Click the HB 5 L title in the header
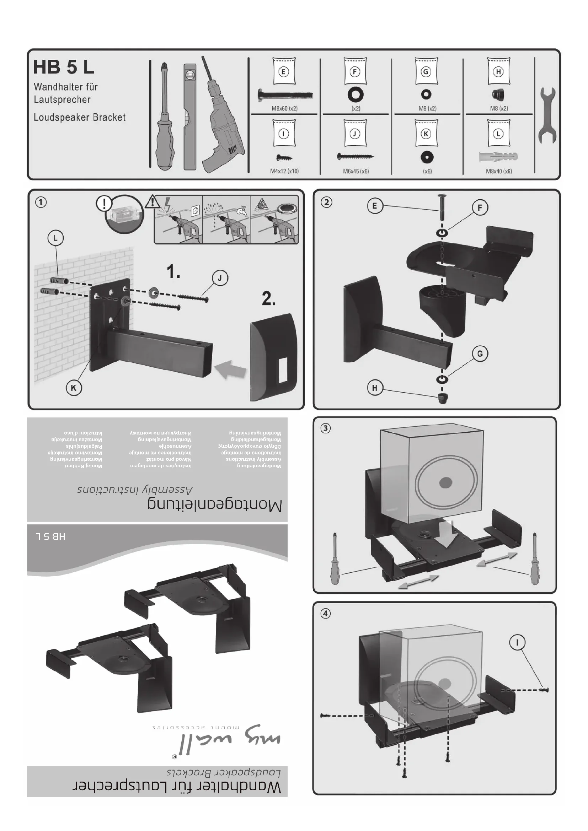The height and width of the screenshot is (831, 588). click(x=63, y=67)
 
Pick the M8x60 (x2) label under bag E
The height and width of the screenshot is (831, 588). click(x=285, y=108)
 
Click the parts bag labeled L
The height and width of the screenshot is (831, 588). click(x=498, y=133)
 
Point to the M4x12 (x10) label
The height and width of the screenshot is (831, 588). click(x=285, y=171)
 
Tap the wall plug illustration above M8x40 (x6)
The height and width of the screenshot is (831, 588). click(x=498, y=157)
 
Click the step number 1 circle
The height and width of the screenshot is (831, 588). click(x=41, y=202)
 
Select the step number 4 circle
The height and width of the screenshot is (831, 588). click(x=326, y=613)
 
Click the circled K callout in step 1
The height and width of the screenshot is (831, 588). click(x=74, y=388)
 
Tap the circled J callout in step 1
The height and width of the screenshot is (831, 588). click(x=220, y=278)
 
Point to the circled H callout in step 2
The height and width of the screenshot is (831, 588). click(x=374, y=388)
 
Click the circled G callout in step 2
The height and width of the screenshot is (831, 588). click(x=480, y=353)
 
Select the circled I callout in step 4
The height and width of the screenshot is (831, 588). click(x=517, y=642)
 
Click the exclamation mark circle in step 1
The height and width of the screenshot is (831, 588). click(x=104, y=204)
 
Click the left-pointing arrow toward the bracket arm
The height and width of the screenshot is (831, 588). click(x=231, y=370)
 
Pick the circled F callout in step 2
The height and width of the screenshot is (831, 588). click(x=480, y=207)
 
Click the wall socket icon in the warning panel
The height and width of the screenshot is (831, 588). click(x=195, y=210)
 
